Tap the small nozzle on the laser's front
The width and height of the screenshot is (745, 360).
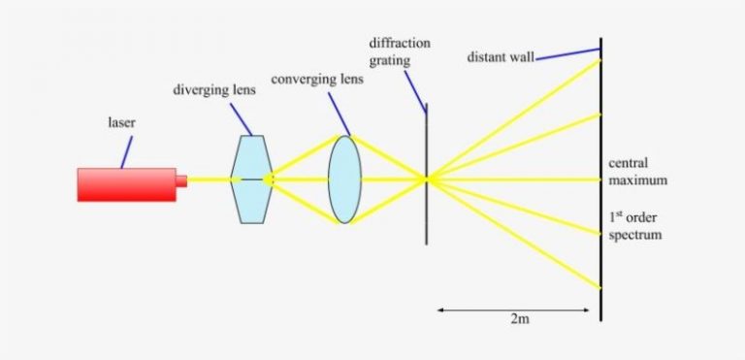pyautogui.click(x=181, y=180)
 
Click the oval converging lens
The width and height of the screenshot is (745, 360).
pyautogui.click(x=344, y=180)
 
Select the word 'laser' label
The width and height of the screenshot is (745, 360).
pyautogui.click(x=121, y=123)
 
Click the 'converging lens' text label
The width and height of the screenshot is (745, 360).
pyautogui.click(x=316, y=79)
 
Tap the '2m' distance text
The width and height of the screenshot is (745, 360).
pyautogui.click(x=518, y=327)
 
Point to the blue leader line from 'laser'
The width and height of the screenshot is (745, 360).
pyautogui.click(x=126, y=150)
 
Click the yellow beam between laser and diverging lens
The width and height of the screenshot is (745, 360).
pyautogui.click(x=209, y=180)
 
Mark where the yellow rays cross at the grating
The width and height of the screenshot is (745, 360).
pyautogui.click(x=427, y=179)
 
